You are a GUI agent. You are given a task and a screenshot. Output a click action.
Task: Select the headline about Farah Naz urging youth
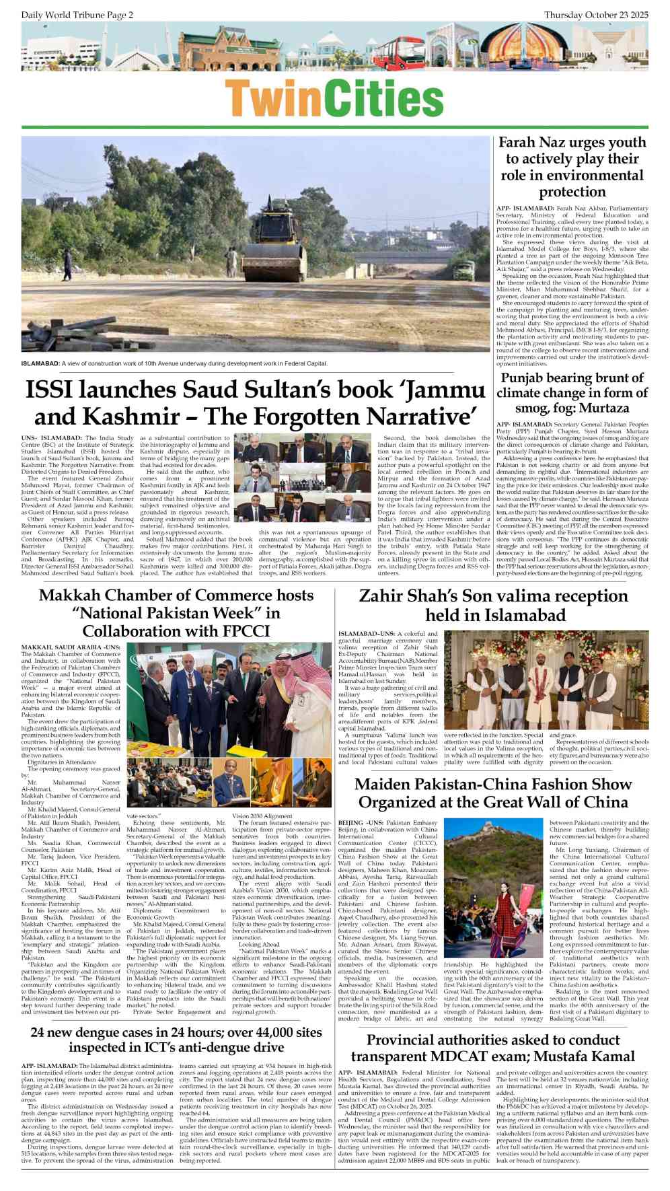coord(572,167)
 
